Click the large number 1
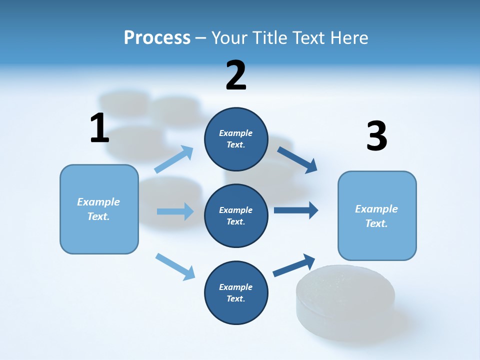click(99, 128)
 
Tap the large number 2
click(236, 75)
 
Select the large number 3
click(376, 136)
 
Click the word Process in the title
click(157, 37)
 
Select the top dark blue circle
click(236, 139)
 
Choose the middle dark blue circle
click(236, 215)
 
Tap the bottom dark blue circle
click(236, 292)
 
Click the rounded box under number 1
click(99, 209)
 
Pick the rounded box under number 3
click(377, 215)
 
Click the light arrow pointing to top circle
click(174, 159)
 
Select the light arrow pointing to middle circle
click(175, 211)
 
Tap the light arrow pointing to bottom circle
click(175, 266)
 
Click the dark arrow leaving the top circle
click(297, 159)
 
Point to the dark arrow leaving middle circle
click(295, 210)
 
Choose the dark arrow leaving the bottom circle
click(294, 264)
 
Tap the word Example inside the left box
click(98, 202)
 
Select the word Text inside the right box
click(376, 223)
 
